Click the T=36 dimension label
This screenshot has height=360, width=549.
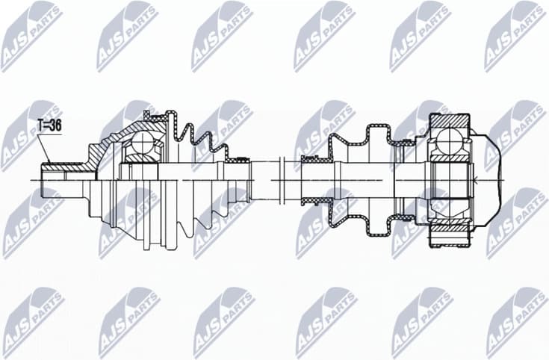click(49, 126)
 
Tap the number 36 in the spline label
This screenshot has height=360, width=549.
click(55, 126)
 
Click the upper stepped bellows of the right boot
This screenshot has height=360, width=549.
click(359, 142)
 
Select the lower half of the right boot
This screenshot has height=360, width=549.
click(359, 217)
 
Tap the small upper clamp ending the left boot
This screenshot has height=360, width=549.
click(238, 158)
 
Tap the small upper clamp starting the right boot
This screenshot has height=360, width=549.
click(311, 158)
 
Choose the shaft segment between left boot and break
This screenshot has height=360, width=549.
click(264, 179)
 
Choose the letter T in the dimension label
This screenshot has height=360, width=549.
click(41, 126)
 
